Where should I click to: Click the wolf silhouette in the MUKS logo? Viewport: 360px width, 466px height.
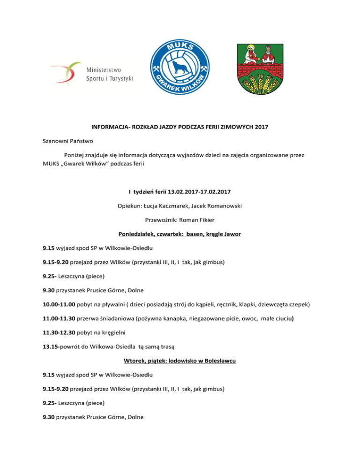180,67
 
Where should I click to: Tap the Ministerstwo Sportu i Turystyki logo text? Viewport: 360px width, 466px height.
110,73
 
